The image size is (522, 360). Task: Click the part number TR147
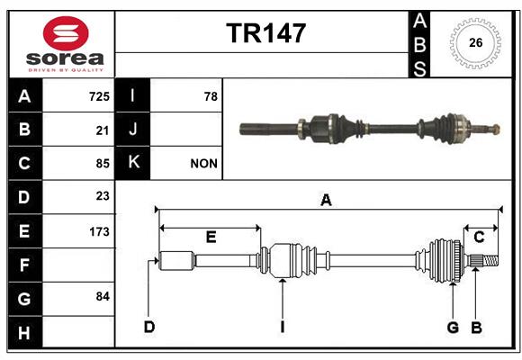266,33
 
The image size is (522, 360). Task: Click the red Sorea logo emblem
66,33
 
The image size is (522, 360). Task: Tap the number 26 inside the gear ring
476,42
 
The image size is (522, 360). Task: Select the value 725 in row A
99,96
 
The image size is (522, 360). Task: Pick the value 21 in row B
103,130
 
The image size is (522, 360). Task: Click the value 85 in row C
103,164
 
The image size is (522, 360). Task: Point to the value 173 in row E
99,231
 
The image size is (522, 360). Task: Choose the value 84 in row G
103,296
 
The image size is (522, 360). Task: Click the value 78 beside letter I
211,96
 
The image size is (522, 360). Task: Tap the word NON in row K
203,164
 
